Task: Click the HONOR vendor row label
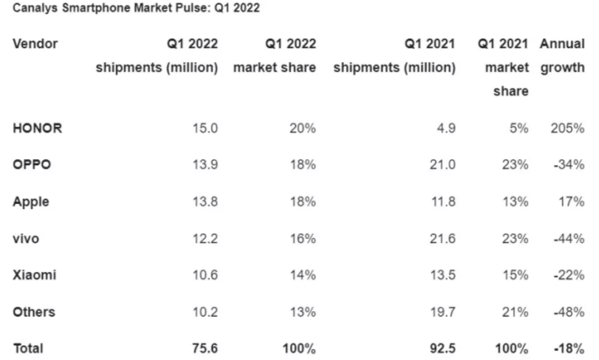point(37,128)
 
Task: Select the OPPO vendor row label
point(32,164)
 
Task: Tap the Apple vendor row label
point(31,201)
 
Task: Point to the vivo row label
point(26,239)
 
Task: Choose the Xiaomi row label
point(34,275)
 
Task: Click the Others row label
point(33,312)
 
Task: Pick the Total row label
point(28,348)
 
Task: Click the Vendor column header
point(35,44)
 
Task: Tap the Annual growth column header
point(562,56)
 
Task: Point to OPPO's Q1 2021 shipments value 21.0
point(444,164)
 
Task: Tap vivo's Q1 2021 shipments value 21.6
point(444,239)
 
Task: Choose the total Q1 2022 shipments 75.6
point(206,348)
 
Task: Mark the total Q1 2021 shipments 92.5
point(444,348)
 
